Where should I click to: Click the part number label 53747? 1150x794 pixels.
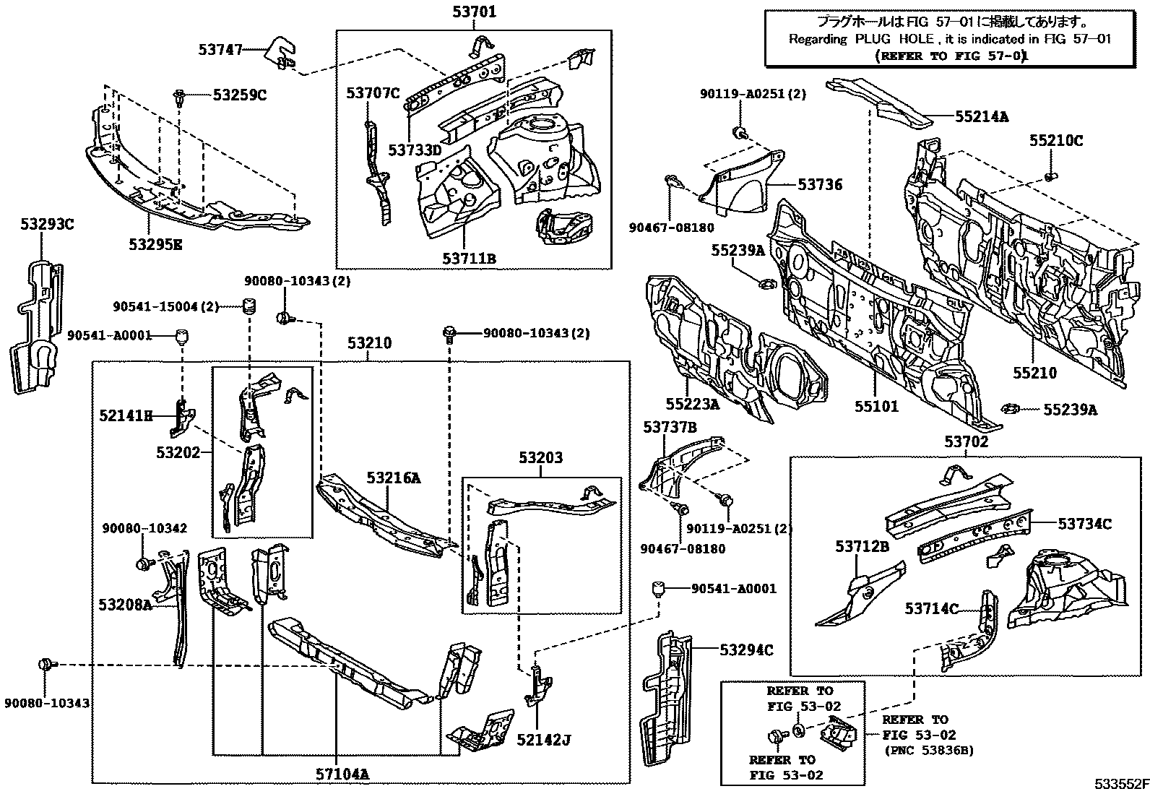click(x=220, y=49)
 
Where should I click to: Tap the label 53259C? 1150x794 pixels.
click(x=240, y=95)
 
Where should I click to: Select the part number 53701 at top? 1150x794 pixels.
click(x=475, y=12)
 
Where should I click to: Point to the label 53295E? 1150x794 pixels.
click(x=155, y=244)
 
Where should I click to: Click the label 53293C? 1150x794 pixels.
click(x=47, y=224)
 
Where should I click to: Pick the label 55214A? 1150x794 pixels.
click(x=982, y=116)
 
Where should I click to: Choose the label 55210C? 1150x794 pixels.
click(x=1056, y=140)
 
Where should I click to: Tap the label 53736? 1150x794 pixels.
click(x=820, y=184)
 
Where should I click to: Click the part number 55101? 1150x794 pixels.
click(x=876, y=406)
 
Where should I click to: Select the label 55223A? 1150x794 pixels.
click(x=693, y=404)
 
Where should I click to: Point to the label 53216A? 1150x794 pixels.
click(x=393, y=478)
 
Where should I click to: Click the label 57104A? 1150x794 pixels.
click(x=342, y=774)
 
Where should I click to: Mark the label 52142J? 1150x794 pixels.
click(x=544, y=740)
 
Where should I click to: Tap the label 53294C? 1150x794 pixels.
click(x=746, y=650)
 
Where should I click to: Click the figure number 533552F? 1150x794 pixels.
click(x=1121, y=784)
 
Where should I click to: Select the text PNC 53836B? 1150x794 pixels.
click(x=929, y=751)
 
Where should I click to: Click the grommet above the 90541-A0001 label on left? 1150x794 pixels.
click(x=183, y=336)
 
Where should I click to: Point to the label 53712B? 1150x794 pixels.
click(x=862, y=546)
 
